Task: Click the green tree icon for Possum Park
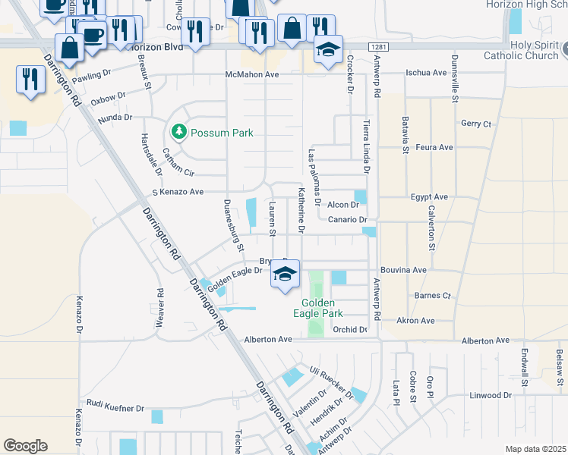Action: (178, 132)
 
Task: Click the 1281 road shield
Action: (380, 48)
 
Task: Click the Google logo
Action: (25, 446)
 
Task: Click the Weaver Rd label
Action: (160, 308)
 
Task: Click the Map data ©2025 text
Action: (535, 449)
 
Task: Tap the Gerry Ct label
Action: (476, 124)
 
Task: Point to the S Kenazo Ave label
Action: (178, 193)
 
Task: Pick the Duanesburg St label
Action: (233, 225)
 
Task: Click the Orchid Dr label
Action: (350, 330)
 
